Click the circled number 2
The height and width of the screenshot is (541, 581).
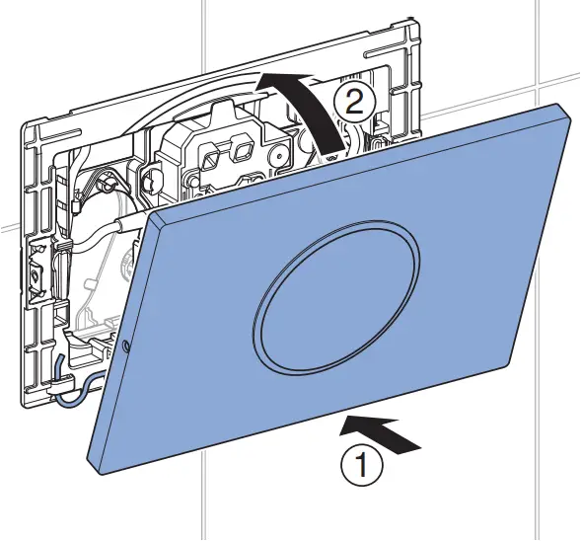(x=354, y=100)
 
